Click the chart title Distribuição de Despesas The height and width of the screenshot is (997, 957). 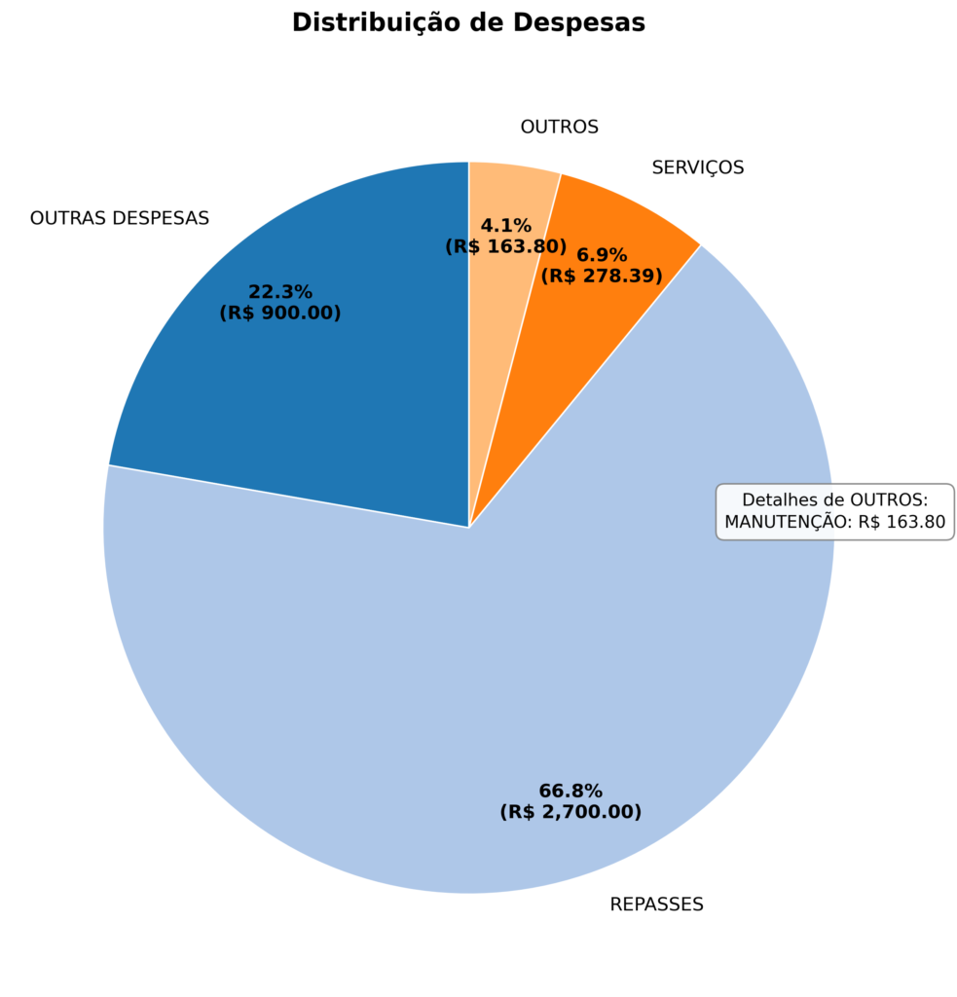(x=468, y=22)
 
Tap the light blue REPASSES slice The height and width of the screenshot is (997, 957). (x=438, y=682)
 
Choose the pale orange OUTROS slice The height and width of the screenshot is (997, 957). (x=511, y=195)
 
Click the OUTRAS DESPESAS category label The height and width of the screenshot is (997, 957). (x=120, y=218)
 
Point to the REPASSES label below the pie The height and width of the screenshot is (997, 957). (x=656, y=905)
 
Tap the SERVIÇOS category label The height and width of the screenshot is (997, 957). (x=697, y=167)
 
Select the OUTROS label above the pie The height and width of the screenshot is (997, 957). (x=559, y=127)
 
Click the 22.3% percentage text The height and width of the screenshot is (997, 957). (x=280, y=292)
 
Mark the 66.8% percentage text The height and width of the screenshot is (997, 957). (x=571, y=791)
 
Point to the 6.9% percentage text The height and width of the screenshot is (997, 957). (x=602, y=255)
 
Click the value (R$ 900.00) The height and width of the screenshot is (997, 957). (x=280, y=314)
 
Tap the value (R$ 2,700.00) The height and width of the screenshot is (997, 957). (x=571, y=812)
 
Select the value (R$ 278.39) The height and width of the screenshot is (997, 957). (x=602, y=277)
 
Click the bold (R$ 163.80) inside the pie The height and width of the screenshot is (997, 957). (x=505, y=247)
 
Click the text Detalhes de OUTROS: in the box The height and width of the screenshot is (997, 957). (x=834, y=499)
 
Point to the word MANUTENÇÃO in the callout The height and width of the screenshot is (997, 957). (x=787, y=522)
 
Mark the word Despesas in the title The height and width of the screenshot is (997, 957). (x=591, y=22)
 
